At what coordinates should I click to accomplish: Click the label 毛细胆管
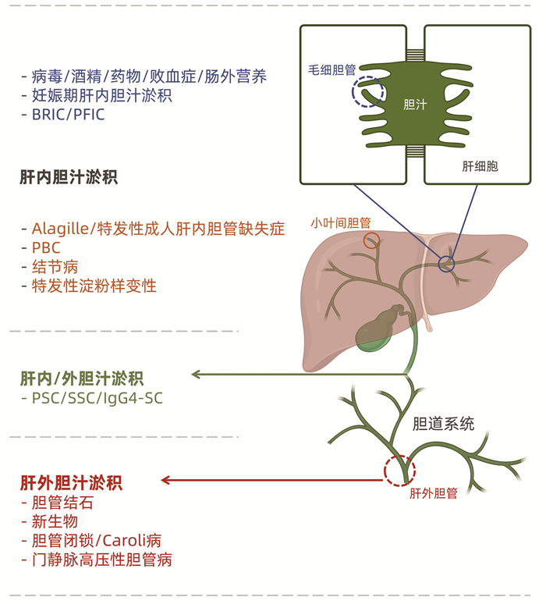pos(332,69)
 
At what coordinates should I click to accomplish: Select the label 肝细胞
pos(480,166)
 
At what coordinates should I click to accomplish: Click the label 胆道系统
pos(443,425)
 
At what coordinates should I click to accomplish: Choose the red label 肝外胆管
pos(434,493)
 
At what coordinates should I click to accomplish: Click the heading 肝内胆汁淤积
pos(69,177)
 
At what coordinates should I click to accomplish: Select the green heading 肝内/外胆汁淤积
pos(82,379)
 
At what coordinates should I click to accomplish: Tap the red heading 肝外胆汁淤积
pos(71,482)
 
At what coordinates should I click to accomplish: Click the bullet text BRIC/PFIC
pos(68,115)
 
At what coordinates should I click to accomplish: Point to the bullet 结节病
pos(55,267)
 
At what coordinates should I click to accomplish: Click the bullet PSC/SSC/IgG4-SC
pos(97,399)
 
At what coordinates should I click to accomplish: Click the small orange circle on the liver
pos(372,240)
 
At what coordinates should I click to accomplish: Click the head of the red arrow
pos(165,480)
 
